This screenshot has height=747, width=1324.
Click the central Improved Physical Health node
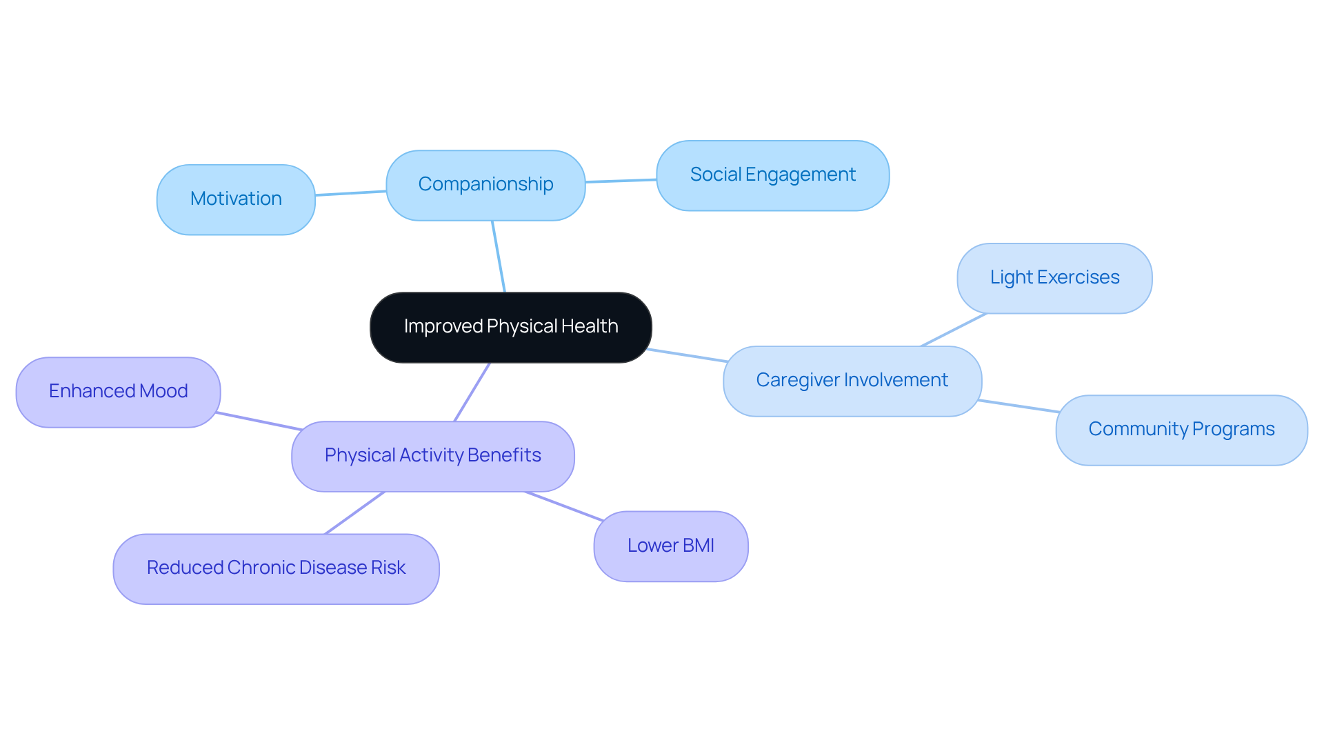[x=510, y=327]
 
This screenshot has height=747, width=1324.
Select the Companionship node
[x=485, y=185]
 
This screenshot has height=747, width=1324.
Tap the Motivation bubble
[x=236, y=199]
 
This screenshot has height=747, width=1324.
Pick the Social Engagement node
[x=772, y=175]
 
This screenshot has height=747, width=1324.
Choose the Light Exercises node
[x=1054, y=278]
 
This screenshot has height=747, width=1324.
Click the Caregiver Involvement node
[x=852, y=381]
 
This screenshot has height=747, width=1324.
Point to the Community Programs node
[x=1181, y=430]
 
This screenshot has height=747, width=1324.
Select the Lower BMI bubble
[x=670, y=546]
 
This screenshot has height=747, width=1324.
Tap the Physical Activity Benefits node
[x=432, y=456]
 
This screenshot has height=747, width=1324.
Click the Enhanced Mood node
[x=118, y=392]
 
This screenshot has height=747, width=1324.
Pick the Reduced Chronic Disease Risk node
[x=276, y=568]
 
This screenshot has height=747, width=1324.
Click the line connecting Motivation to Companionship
[x=350, y=193]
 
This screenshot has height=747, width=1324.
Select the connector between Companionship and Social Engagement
[x=621, y=181]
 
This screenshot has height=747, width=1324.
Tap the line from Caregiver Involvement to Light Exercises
[x=954, y=330]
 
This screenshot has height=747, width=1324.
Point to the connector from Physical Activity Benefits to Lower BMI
[x=564, y=506]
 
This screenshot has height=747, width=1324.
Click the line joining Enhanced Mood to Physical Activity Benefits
[x=259, y=421]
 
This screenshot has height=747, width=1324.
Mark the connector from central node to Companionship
[x=499, y=257]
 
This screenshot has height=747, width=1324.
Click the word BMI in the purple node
[x=698, y=546]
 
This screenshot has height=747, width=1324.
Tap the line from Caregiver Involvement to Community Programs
[x=1018, y=406]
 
